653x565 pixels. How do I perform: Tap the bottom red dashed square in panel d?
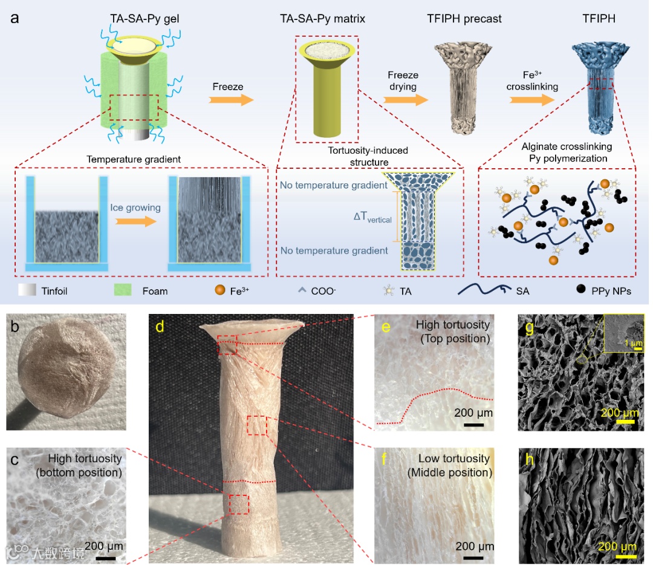point(239,505)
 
